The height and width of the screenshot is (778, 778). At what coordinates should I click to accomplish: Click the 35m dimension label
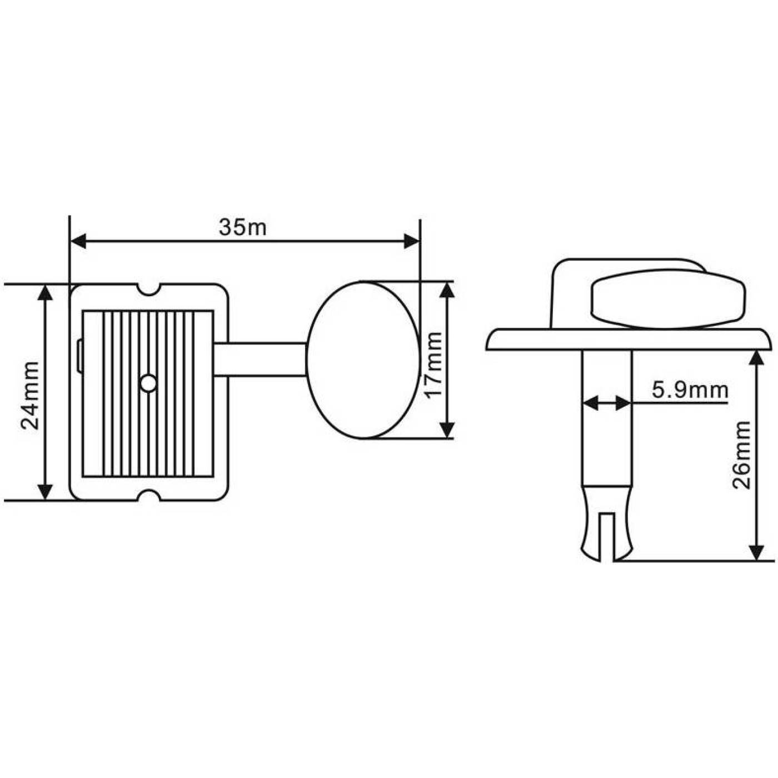[243, 228]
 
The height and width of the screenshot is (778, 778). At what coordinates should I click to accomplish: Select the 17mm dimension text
[435, 365]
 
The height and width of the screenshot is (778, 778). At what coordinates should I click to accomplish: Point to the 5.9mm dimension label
[690, 390]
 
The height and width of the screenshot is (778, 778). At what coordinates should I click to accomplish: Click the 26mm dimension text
[741, 455]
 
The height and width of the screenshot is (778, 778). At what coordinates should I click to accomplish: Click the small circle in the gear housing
[149, 383]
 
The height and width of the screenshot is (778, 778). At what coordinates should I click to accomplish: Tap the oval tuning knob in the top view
[363, 360]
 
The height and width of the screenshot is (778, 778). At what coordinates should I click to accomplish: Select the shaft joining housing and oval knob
[261, 360]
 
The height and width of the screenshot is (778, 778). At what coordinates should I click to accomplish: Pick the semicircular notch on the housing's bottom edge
[149, 495]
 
